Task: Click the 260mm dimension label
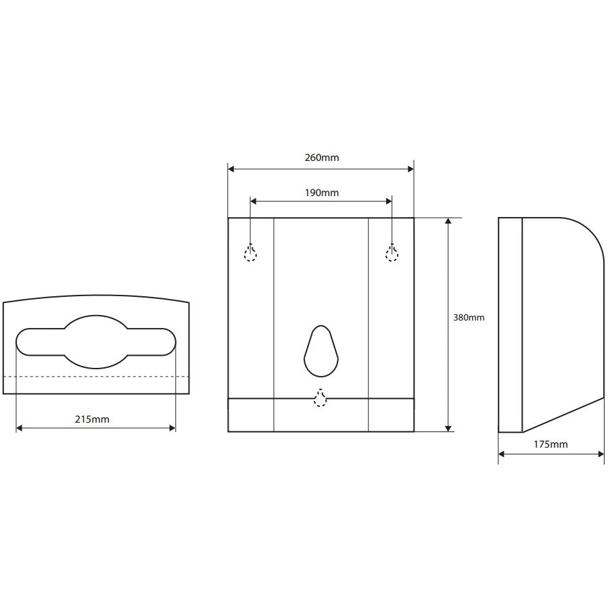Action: point(322,158)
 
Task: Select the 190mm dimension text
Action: point(322,193)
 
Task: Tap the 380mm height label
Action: point(469,318)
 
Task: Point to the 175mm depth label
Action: point(550,444)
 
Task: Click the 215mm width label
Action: point(92,419)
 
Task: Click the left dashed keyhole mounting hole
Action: point(250,252)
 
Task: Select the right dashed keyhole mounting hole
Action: point(392,252)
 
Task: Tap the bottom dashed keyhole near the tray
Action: point(320,398)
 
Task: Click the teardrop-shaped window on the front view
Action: point(321,351)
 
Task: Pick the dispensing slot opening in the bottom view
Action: point(96,342)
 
